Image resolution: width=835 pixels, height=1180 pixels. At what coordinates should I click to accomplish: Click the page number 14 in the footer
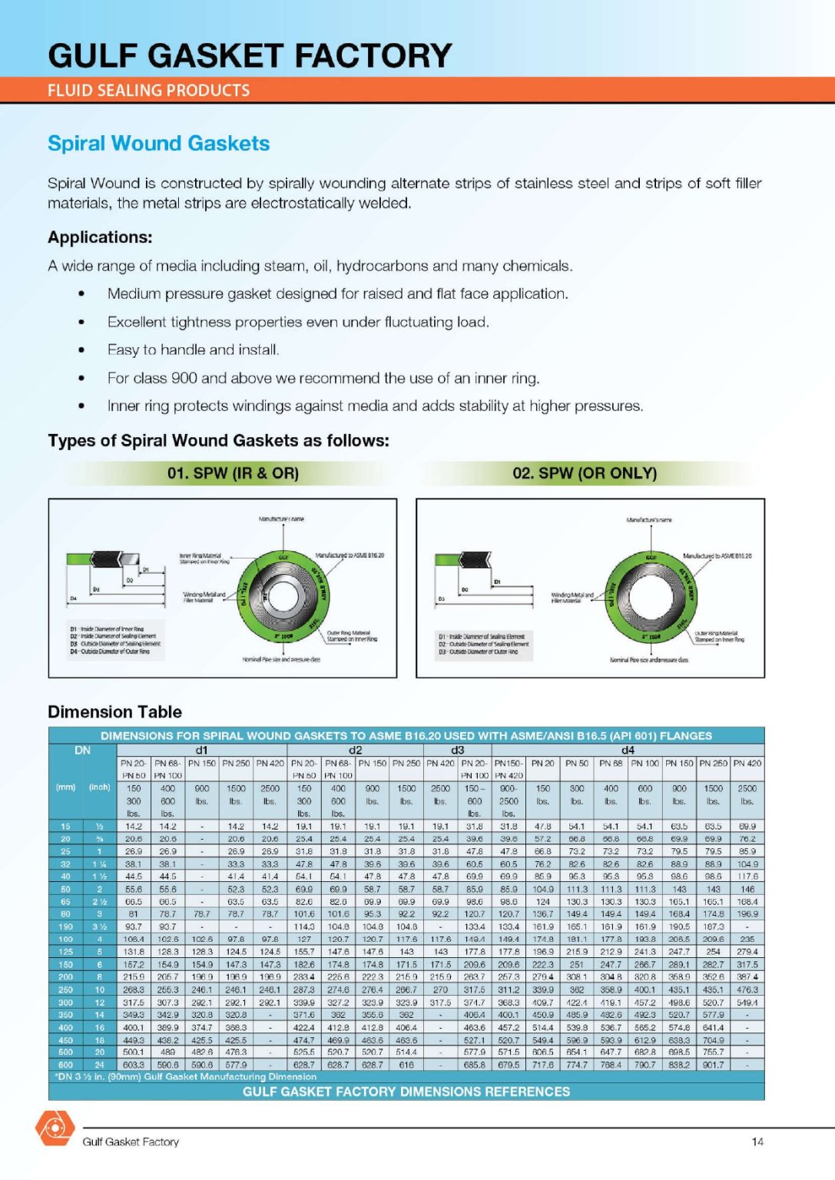(x=757, y=1142)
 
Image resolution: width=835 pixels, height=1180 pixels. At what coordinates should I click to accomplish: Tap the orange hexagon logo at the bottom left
(x=55, y=1128)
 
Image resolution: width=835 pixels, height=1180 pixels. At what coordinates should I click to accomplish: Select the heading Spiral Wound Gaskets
(x=158, y=144)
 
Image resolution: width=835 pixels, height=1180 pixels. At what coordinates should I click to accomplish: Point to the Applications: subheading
(x=100, y=237)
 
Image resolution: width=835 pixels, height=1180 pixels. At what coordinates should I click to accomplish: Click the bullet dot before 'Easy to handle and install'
(x=81, y=350)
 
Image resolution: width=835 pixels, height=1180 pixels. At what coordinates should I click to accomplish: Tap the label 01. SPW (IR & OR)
(x=233, y=473)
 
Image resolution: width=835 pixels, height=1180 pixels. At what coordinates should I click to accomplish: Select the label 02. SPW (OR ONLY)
(x=585, y=473)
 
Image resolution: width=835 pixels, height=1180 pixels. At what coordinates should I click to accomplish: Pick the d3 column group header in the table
(x=457, y=750)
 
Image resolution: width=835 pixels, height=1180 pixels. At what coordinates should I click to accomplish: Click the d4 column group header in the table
(x=628, y=750)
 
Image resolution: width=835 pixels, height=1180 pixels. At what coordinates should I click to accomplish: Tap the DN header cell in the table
(x=82, y=750)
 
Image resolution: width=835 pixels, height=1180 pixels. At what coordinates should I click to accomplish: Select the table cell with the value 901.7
(x=713, y=1065)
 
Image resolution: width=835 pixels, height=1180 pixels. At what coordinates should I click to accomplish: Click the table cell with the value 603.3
(x=134, y=1065)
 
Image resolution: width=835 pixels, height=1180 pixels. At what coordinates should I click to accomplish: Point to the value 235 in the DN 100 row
(x=747, y=939)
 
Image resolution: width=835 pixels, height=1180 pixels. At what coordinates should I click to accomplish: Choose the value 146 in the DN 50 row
(x=747, y=889)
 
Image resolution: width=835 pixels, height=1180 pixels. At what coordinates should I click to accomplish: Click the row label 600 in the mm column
(x=66, y=1065)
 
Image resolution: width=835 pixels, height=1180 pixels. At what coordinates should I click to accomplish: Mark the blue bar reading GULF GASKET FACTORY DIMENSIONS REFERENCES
(x=406, y=1092)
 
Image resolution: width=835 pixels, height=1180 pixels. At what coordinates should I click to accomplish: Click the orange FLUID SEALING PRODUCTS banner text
(x=148, y=91)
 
